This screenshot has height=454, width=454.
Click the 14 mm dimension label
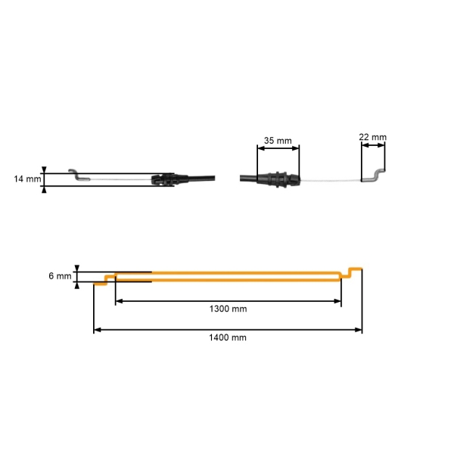(27, 179)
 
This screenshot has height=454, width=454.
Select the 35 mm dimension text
(278, 141)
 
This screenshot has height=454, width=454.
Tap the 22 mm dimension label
(372, 137)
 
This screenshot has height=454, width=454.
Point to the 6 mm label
(59, 277)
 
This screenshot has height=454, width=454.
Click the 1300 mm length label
(228, 309)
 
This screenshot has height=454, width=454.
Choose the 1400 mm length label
(228, 337)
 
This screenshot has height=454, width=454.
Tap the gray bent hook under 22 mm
(372, 176)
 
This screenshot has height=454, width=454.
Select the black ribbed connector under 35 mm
(278, 180)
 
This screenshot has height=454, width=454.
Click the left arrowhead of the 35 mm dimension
(262, 148)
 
